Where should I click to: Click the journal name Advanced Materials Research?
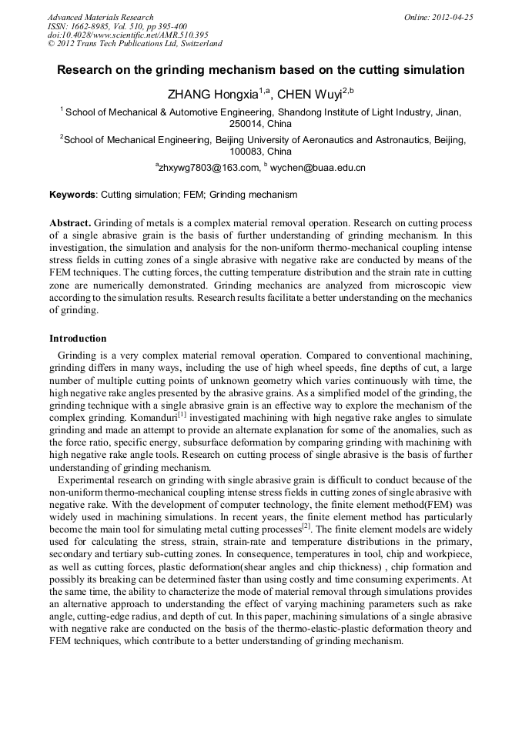tap(100, 17)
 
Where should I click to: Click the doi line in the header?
tap(128, 35)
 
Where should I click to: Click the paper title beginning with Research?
tap(260, 70)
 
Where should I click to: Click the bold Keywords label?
tap(72, 195)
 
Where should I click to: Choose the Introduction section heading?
tap(78, 339)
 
